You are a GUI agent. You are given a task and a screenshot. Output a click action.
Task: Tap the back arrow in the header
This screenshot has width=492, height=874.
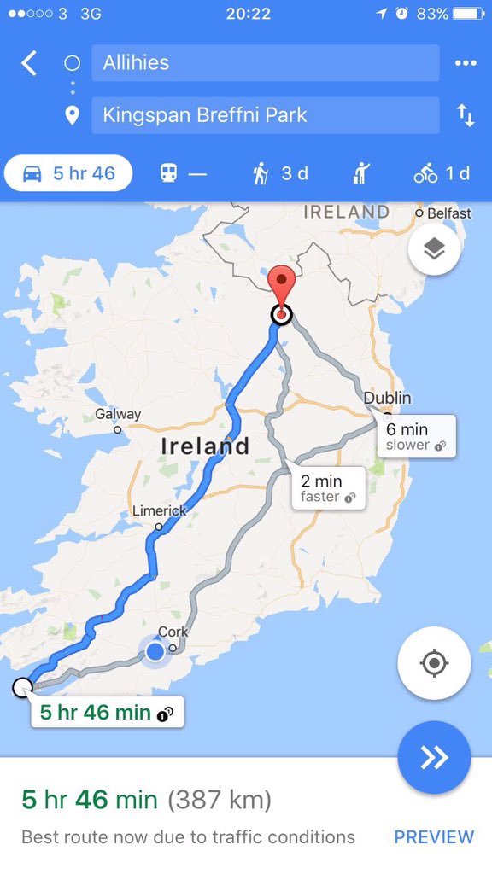tap(30, 62)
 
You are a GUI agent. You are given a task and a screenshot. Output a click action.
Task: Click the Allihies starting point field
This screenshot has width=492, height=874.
tap(265, 63)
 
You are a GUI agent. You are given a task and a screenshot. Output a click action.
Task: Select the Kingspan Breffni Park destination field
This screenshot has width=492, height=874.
tap(265, 115)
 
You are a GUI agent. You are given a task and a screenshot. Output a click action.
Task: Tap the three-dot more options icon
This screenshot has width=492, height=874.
tap(466, 63)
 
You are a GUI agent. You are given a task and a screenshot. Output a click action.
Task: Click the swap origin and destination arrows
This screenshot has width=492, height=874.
tap(466, 116)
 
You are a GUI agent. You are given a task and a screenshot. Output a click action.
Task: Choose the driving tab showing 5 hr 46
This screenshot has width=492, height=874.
tap(68, 173)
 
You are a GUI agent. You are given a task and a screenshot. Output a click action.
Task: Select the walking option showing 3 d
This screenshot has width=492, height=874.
tap(279, 173)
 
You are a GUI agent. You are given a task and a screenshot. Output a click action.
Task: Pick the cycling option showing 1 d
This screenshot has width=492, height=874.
tap(442, 173)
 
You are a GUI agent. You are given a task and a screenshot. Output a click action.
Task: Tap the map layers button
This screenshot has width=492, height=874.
tap(434, 249)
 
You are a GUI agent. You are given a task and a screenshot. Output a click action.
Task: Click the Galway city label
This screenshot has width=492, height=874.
tap(118, 414)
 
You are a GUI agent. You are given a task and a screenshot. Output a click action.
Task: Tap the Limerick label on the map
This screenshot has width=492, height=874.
tap(159, 510)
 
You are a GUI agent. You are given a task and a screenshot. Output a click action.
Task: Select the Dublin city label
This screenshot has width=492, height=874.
tap(387, 398)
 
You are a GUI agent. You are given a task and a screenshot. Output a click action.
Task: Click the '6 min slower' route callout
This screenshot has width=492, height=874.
tap(417, 436)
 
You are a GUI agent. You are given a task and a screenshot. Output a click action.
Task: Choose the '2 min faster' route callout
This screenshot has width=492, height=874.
tap(328, 488)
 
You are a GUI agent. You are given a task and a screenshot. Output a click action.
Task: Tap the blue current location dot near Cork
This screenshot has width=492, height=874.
tap(155, 652)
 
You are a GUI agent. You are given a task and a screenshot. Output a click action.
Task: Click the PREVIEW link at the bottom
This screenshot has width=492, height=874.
tap(434, 837)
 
